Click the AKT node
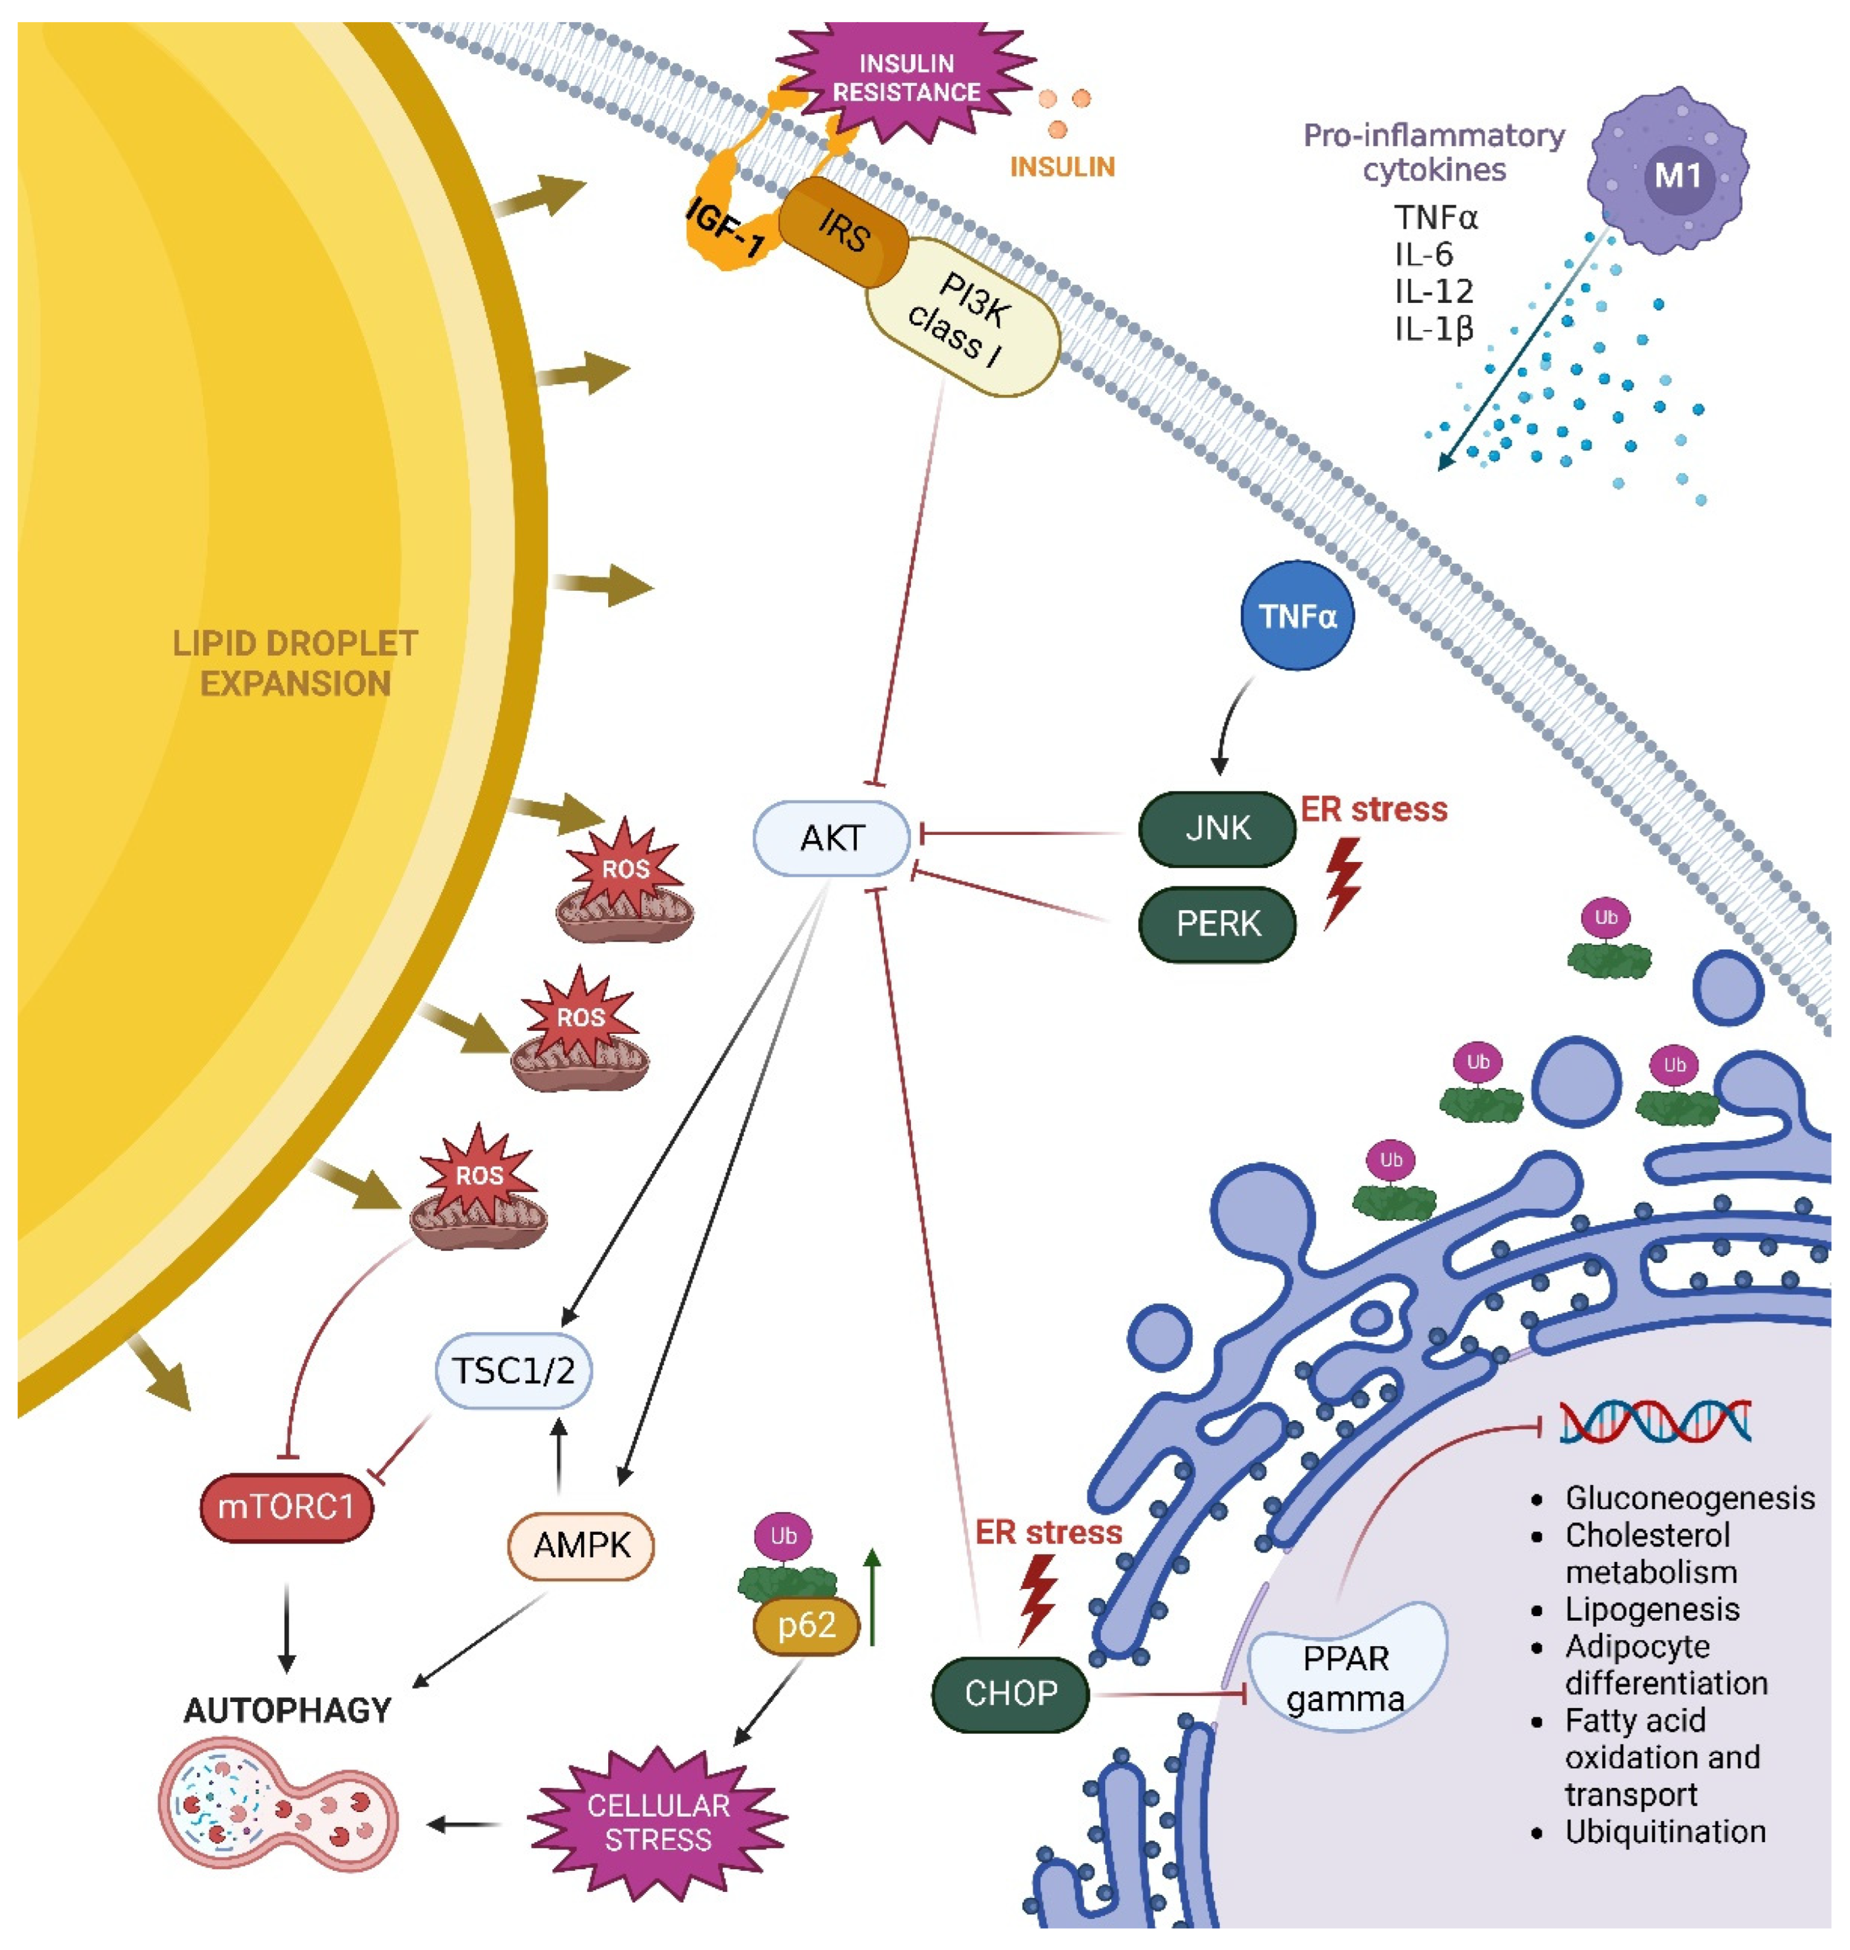831,838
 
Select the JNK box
1217,829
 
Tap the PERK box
1217,924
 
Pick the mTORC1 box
286,1507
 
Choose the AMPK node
581,1546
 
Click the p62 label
806,1625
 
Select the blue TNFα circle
1297,616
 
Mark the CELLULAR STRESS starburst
658,1823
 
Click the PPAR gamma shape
1346,1677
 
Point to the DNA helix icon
1655,1421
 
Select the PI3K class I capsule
962,317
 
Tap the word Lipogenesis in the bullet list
1652,1610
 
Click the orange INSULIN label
1062,167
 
